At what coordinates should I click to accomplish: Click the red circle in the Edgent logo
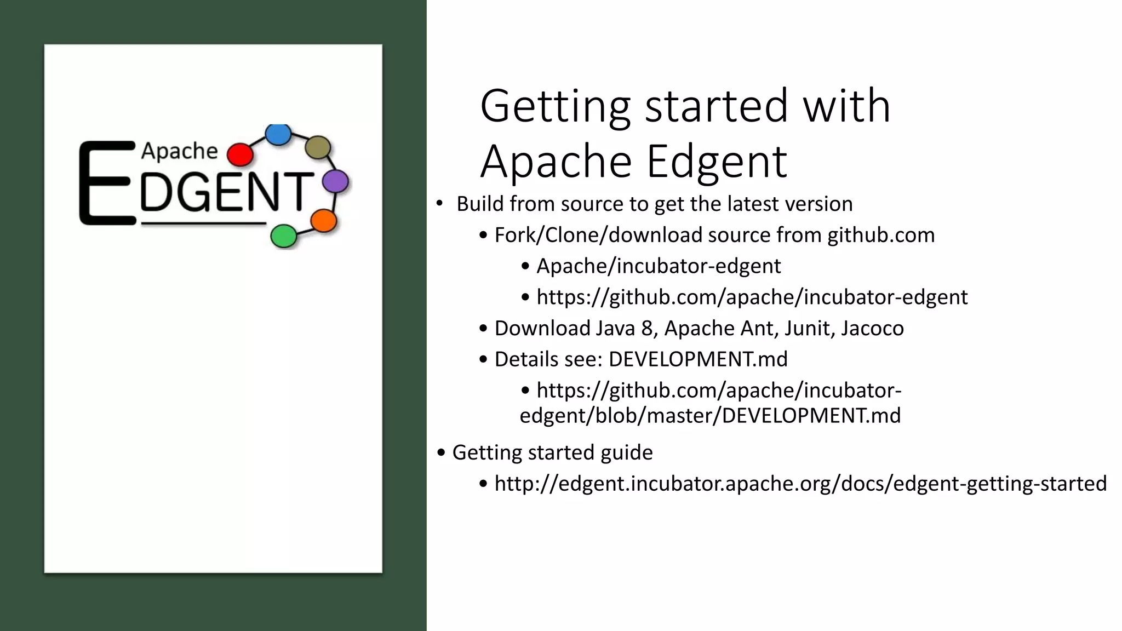[239, 154]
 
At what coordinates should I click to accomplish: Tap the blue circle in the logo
[278, 134]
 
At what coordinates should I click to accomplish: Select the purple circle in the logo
[335, 181]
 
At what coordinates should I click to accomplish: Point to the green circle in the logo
[284, 236]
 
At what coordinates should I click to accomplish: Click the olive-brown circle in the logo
[318, 147]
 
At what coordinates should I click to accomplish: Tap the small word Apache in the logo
[180, 151]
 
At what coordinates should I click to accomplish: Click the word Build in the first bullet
[480, 204]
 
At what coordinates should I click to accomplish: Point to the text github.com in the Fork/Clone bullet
[881, 235]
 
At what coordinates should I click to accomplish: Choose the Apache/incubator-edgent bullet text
[659, 266]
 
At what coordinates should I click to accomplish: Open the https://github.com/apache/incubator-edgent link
[752, 297]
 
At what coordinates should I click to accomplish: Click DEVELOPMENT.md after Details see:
[698, 359]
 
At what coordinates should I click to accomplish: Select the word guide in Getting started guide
[627, 453]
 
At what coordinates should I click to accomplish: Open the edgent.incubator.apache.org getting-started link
[800, 484]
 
